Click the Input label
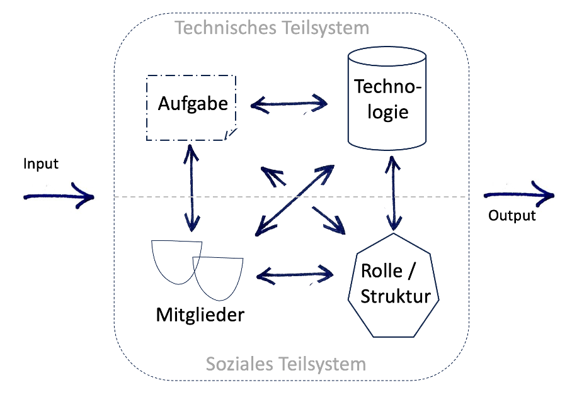[x=41, y=164]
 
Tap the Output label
[x=512, y=216]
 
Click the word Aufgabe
[x=193, y=103]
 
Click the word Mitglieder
[x=200, y=314]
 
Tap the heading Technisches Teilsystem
[x=272, y=28]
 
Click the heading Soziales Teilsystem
[x=286, y=364]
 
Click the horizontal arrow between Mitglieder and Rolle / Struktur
[x=295, y=275]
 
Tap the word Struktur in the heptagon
[x=396, y=296]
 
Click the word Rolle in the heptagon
[x=382, y=270]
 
